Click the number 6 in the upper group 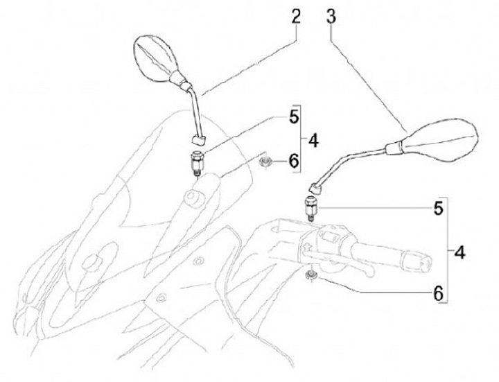(x=294, y=162)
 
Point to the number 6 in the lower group (x=437, y=293)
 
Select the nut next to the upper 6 (x=264, y=163)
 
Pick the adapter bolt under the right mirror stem (x=311, y=207)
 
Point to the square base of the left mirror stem (x=199, y=139)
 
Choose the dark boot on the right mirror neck (x=393, y=146)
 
